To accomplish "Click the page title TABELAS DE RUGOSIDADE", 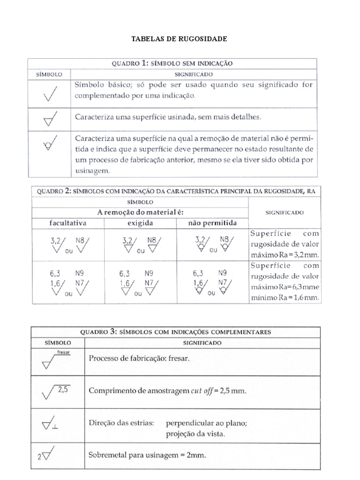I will [180, 39].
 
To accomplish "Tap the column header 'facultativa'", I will [68, 222].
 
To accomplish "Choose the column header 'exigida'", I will [139, 222].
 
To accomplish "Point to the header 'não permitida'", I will [212, 222].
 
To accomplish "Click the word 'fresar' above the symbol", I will [63, 351].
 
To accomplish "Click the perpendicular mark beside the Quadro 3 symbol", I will [55, 427].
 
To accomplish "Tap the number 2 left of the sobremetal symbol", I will [39, 458].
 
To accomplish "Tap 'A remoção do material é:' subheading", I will [139, 212].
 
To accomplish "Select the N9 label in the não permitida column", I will [222, 272].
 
